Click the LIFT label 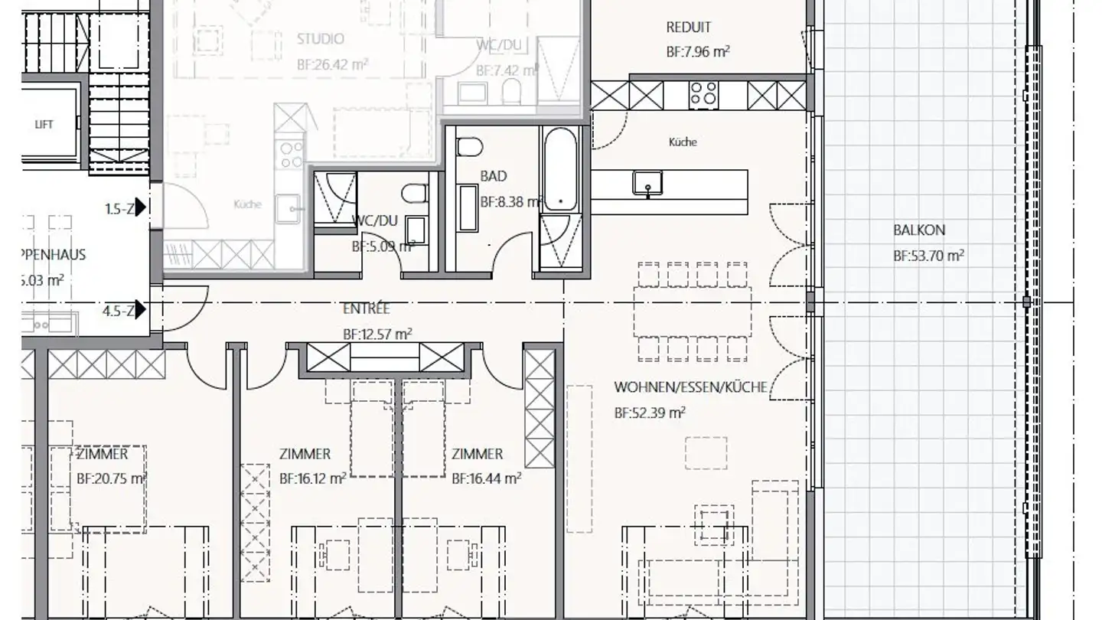pos(44,124)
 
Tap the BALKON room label pos(918,230)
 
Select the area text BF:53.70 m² pos(928,256)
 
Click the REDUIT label pos(688,28)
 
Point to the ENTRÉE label pos(366,308)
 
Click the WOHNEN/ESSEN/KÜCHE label pos(690,387)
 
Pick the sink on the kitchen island pos(647,183)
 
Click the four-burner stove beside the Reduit pos(703,95)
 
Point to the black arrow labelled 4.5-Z pos(140,310)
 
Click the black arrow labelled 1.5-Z pos(140,208)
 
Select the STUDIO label pos(320,39)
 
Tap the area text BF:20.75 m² pos(112,479)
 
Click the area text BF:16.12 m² pos(312,479)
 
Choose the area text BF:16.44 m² pos(486,479)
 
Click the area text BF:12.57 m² pos(377,334)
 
